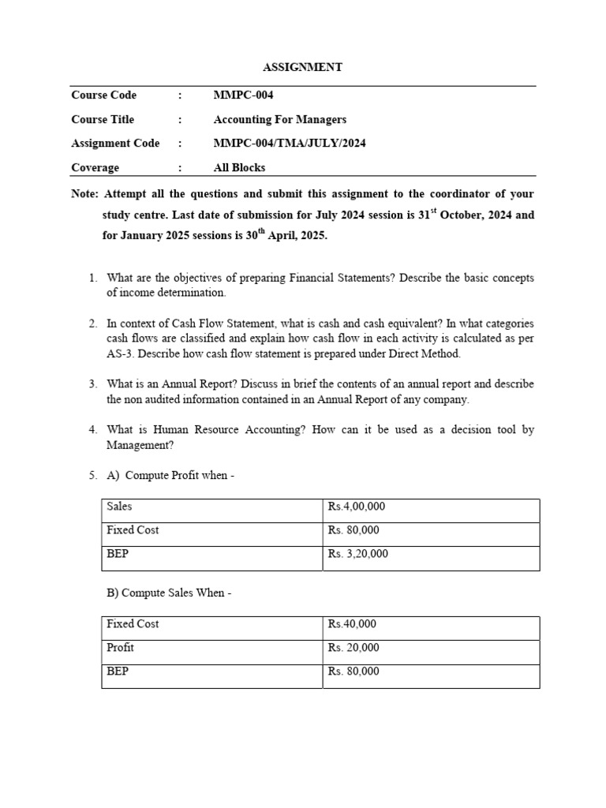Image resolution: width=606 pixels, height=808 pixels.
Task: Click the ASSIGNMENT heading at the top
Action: click(303, 68)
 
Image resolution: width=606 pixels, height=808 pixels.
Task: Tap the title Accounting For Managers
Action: click(279, 120)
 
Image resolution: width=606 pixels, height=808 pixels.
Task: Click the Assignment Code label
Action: click(115, 144)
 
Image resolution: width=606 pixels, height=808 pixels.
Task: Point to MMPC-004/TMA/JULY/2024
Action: click(290, 144)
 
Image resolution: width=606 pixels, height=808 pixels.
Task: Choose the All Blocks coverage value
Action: click(239, 168)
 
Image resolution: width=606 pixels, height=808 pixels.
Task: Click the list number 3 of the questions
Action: click(92, 384)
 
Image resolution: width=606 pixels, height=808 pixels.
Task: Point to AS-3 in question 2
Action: click(120, 353)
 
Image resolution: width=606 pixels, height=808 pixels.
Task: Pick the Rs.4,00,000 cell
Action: click(357, 507)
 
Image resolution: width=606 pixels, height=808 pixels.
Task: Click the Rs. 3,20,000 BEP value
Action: click(358, 554)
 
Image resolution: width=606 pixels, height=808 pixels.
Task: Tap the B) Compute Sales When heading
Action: click(168, 593)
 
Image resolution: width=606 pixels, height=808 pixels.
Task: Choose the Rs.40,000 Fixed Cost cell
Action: click(352, 624)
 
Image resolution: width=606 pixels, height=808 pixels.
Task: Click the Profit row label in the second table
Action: click(120, 648)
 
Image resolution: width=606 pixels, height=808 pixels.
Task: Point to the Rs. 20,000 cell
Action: click(353, 648)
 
